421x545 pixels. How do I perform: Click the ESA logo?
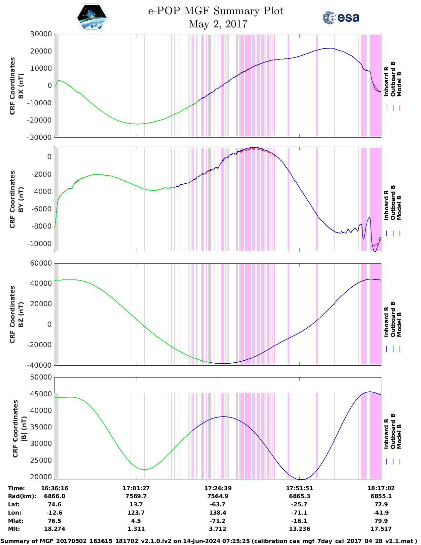pos(341,18)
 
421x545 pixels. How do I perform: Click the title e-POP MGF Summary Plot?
pos(216,11)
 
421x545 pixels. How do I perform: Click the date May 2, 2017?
pos(218,24)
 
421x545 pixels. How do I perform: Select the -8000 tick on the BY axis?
pos(41,226)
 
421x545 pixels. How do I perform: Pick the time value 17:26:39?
pos(218,488)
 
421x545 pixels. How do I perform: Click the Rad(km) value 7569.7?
pos(136,496)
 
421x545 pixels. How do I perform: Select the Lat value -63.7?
pos(218,504)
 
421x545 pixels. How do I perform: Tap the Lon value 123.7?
pos(136,513)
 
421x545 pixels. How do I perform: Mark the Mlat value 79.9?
pos(381,521)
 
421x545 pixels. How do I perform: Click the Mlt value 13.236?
pos(299,529)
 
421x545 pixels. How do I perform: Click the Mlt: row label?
pos(14,529)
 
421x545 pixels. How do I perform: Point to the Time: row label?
pos(17,488)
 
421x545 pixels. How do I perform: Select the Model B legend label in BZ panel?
pos(400,324)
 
